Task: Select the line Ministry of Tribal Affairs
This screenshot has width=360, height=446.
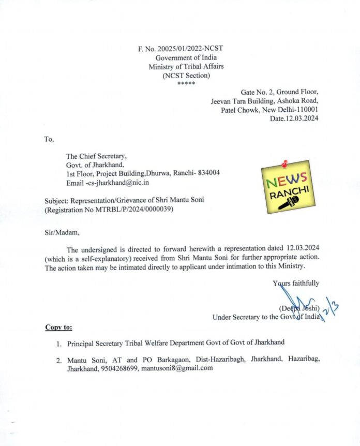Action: pos(186,67)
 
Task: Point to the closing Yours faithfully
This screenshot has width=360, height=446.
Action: pos(296,283)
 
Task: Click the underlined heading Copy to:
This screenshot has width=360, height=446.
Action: pos(58,328)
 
